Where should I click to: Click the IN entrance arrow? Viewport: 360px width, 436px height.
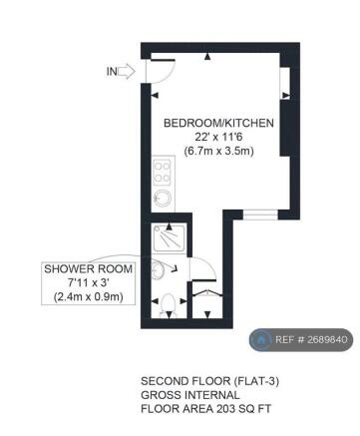[x=127, y=71]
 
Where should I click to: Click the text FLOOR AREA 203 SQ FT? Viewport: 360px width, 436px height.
[x=205, y=408]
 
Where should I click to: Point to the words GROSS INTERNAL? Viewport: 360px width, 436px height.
[x=184, y=395]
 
